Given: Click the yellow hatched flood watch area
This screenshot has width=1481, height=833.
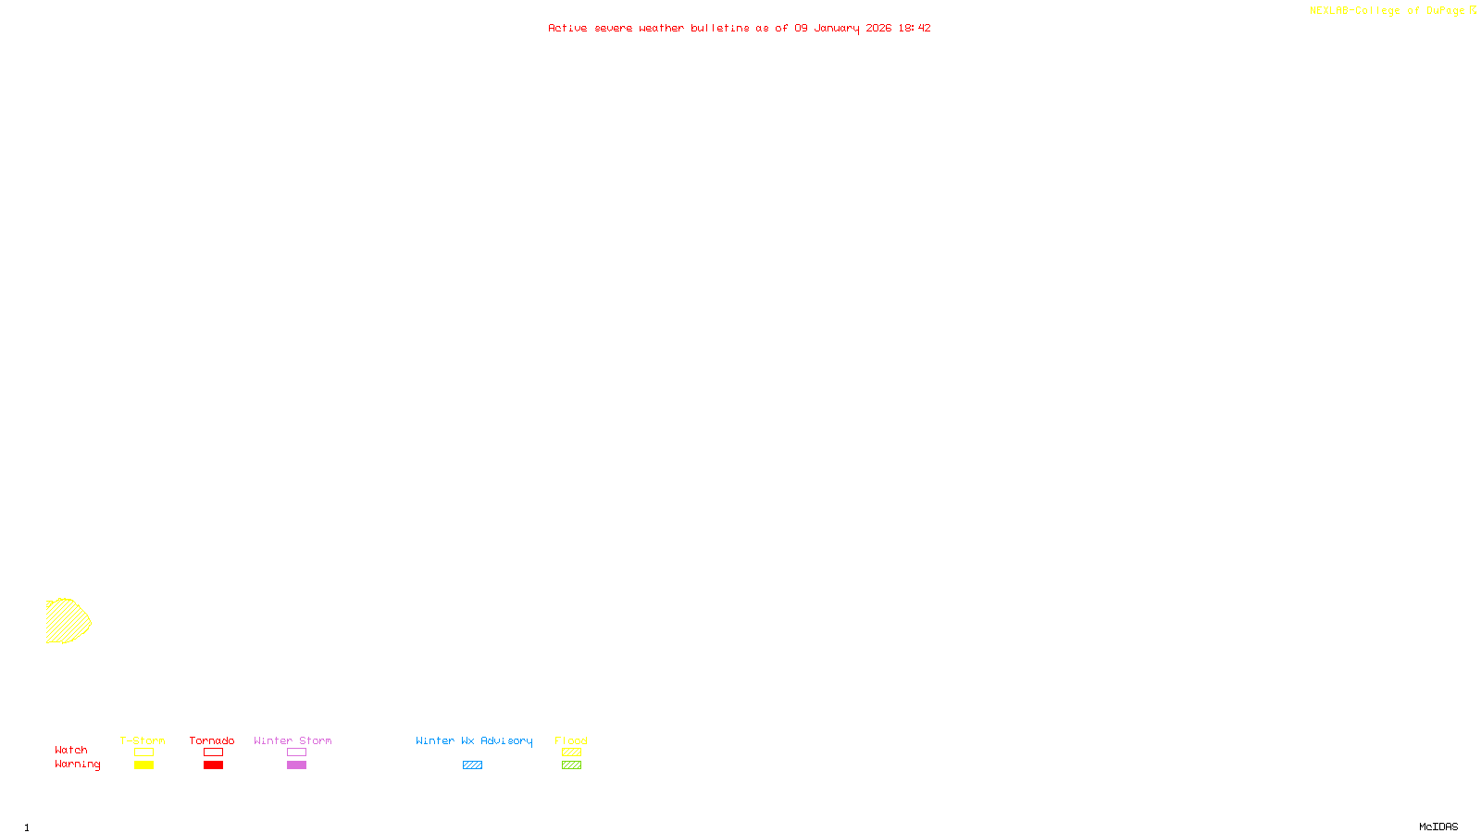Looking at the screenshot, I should click(67, 620).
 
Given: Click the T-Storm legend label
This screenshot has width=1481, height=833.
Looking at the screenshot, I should click(143, 740).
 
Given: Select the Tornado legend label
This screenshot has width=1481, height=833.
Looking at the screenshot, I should click(212, 740).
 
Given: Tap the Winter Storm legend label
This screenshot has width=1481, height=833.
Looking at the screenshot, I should click(292, 740).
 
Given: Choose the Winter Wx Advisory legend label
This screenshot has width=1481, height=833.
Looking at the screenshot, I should click(474, 740).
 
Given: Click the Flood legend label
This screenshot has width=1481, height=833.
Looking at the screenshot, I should click(571, 740).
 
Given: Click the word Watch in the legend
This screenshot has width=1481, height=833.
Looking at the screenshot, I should click(71, 750).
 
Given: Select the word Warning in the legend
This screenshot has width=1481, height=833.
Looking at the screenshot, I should click(77, 765).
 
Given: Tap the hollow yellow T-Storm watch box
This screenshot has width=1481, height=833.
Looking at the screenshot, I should click(143, 752).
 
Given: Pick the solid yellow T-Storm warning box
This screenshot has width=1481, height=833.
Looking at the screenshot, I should click(143, 765).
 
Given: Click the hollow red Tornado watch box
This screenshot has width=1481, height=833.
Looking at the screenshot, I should click(213, 752).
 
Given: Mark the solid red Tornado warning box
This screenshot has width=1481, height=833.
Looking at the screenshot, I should click(213, 765).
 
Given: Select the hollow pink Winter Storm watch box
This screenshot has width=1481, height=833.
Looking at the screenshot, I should click(296, 752).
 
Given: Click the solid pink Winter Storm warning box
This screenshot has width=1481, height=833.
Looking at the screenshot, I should click(296, 765).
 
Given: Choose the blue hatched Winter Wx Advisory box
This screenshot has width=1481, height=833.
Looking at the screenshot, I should click(472, 765).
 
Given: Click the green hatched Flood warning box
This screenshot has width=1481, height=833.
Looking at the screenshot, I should click(571, 765).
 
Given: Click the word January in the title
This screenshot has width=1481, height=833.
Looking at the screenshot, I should click(837, 28).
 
